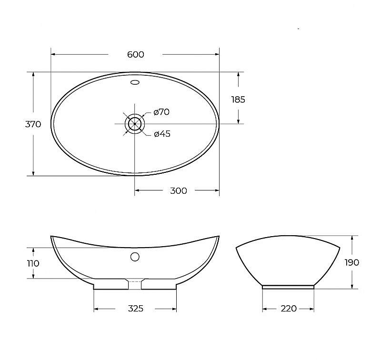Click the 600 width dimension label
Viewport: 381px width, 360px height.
[x=136, y=55]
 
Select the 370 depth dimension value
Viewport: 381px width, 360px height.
[x=33, y=124]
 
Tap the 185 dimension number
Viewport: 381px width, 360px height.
[x=238, y=100]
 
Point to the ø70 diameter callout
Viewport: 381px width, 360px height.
[x=161, y=112]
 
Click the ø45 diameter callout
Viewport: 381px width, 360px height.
[x=162, y=134]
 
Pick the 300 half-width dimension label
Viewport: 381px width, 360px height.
[x=178, y=191]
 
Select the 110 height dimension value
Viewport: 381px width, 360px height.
[x=33, y=263]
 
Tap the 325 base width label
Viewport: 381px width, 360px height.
[x=135, y=309]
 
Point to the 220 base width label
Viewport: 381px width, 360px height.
[x=288, y=309]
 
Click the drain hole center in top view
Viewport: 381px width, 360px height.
[x=135, y=123]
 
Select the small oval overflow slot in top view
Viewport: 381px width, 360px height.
[x=135, y=83]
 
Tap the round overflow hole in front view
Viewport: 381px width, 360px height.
[x=135, y=257]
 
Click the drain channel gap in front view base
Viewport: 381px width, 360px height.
[x=135, y=284]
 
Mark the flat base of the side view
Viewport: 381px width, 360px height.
[x=288, y=287]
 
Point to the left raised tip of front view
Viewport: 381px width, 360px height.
[x=52, y=236]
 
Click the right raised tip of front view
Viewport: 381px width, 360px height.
[x=218, y=236]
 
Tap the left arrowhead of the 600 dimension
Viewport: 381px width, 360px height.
[x=53, y=54]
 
